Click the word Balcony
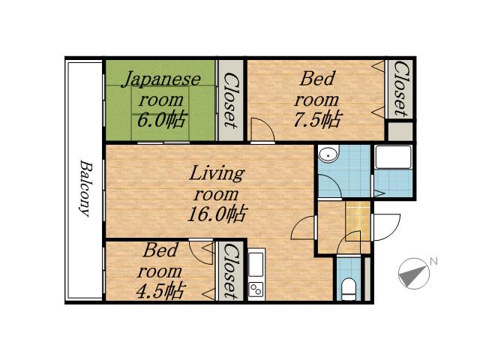[x=85, y=188]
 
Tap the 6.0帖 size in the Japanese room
[x=161, y=120]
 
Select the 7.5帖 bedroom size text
[x=317, y=119]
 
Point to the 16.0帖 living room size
[x=217, y=214]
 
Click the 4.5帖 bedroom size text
[x=160, y=291]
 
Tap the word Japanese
[x=161, y=79]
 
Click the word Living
[x=217, y=173]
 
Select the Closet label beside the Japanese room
[x=229, y=100]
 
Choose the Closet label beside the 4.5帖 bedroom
[x=229, y=271]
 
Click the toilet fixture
[x=348, y=289]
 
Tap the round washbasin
[x=328, y=153]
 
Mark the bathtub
[x=393, y=157]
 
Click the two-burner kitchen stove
[x=256, y=289]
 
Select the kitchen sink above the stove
[x=256, y=264]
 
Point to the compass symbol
[x=413, y=273]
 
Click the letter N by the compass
[x=433, y=261]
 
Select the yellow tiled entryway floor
[x=358, y=220]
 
